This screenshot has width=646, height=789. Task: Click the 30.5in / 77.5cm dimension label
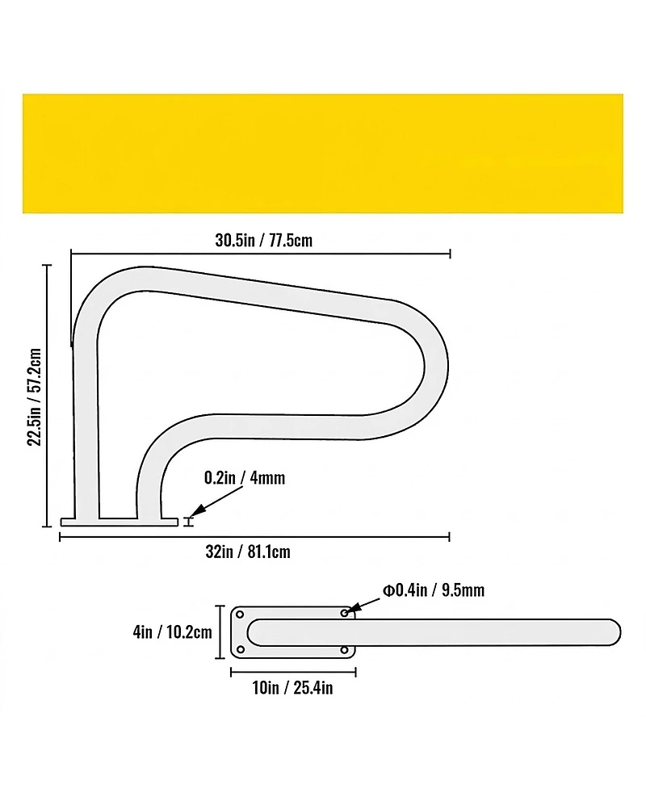click(263, 241)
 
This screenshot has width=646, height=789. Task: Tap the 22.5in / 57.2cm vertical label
click(35, 397)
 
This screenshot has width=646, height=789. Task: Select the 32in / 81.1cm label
click(248, 552)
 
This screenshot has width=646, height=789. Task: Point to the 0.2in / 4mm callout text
click(245, 477)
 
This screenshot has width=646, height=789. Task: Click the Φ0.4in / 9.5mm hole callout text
click(434, 590)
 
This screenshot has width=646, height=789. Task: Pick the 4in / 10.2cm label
click(173, 632)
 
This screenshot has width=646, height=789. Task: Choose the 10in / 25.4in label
click(293, 687)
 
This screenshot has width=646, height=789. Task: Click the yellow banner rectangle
click(322, 153)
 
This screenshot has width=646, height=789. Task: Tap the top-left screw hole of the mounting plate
click(240, 615)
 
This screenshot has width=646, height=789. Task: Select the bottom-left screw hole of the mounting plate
click(240, 649)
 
